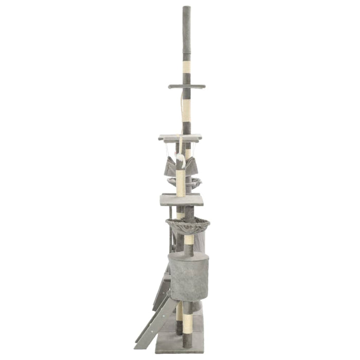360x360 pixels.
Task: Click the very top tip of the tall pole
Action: tap(186, 7)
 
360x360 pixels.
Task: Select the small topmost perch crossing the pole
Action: tap(186, 86)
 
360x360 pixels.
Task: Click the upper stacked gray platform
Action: tap(179, 138)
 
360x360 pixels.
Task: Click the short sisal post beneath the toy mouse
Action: tap(181, 183)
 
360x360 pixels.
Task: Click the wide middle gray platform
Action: tap(182, 200)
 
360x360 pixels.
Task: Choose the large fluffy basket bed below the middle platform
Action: tap(187, 224)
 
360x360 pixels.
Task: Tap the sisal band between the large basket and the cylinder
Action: tap(189, 240)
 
